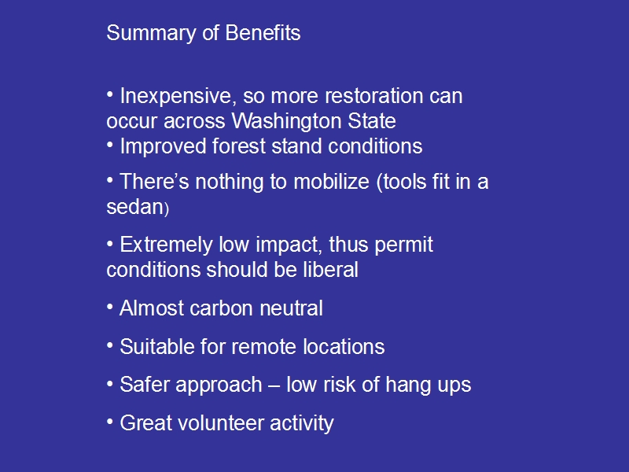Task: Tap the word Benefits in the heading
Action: [263, 33]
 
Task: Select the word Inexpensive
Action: [175, 97]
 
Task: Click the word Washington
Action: [286, 122]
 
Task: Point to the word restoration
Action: [374, 96]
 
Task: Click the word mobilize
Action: [331, 182]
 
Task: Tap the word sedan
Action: [134, 207]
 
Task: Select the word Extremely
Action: [166, 245]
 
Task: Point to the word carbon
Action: [221, 308]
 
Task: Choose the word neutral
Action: [291, 308]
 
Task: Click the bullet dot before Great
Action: [110, 422]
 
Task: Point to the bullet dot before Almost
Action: [110, 307]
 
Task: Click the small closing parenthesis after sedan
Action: [167, 209]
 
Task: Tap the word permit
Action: [403, 245]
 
